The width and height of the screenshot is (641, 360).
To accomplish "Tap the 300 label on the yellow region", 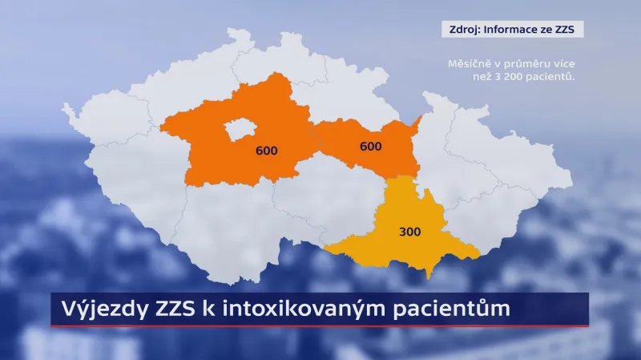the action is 409,233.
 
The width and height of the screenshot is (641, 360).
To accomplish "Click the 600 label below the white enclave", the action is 266,151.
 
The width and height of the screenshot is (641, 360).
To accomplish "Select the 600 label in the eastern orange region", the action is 370,147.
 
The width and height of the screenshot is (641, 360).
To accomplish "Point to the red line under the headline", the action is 320,326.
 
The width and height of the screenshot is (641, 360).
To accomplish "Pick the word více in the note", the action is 564,63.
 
